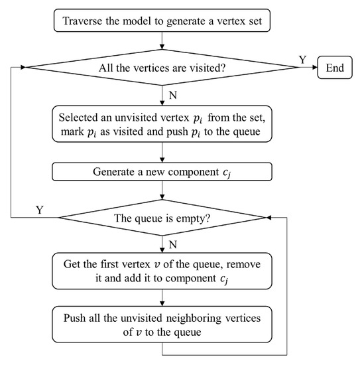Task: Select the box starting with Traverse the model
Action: [162, 21]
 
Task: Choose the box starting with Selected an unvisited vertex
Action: [162, 129]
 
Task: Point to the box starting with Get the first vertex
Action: [162, 271]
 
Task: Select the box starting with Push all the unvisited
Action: [162, 323]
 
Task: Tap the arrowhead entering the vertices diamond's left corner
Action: [25, 68]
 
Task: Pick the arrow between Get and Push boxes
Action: [162, 297]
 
